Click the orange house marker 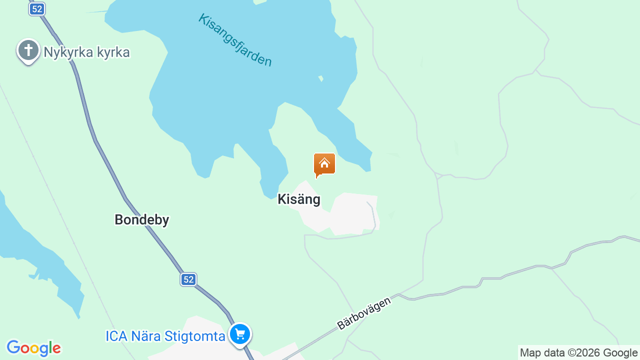pos(324,164)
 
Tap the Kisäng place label pos(299,199)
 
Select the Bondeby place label pos(142,219)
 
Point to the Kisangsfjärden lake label pos(235,40)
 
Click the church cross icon pos(28,50)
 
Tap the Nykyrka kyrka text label pos(86,52)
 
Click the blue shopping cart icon pos(240,334)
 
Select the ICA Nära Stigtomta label pos(165,336)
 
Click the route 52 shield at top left pos(37,9)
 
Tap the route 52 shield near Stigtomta pos(188,279)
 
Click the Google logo pos(33,348)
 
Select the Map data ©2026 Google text pos(578,353)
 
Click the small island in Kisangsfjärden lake pos(321,78)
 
